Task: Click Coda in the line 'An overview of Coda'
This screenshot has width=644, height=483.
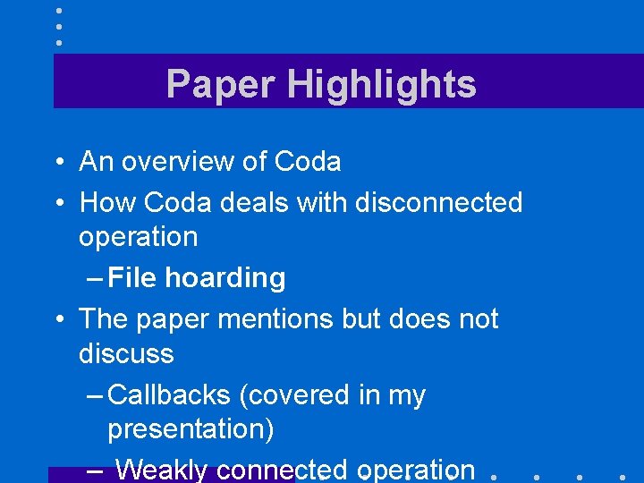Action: [308, 162]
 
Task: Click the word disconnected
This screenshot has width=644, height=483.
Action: [438, 203]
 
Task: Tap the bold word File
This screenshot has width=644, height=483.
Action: [133, 278]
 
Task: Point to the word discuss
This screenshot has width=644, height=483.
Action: [126, 353]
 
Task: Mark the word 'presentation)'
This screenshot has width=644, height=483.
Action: [191, 429]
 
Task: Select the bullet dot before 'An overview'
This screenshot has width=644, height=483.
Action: [57, 163]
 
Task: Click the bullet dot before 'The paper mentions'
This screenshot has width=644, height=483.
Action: [57, 320]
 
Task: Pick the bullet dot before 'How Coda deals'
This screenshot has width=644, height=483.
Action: [57, 204]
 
